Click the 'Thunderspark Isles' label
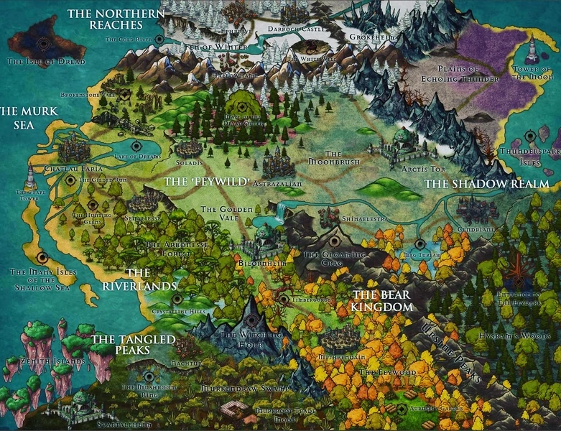coord(529,157)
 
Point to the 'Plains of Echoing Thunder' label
coord(439,74)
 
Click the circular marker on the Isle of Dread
coord(44,43)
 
